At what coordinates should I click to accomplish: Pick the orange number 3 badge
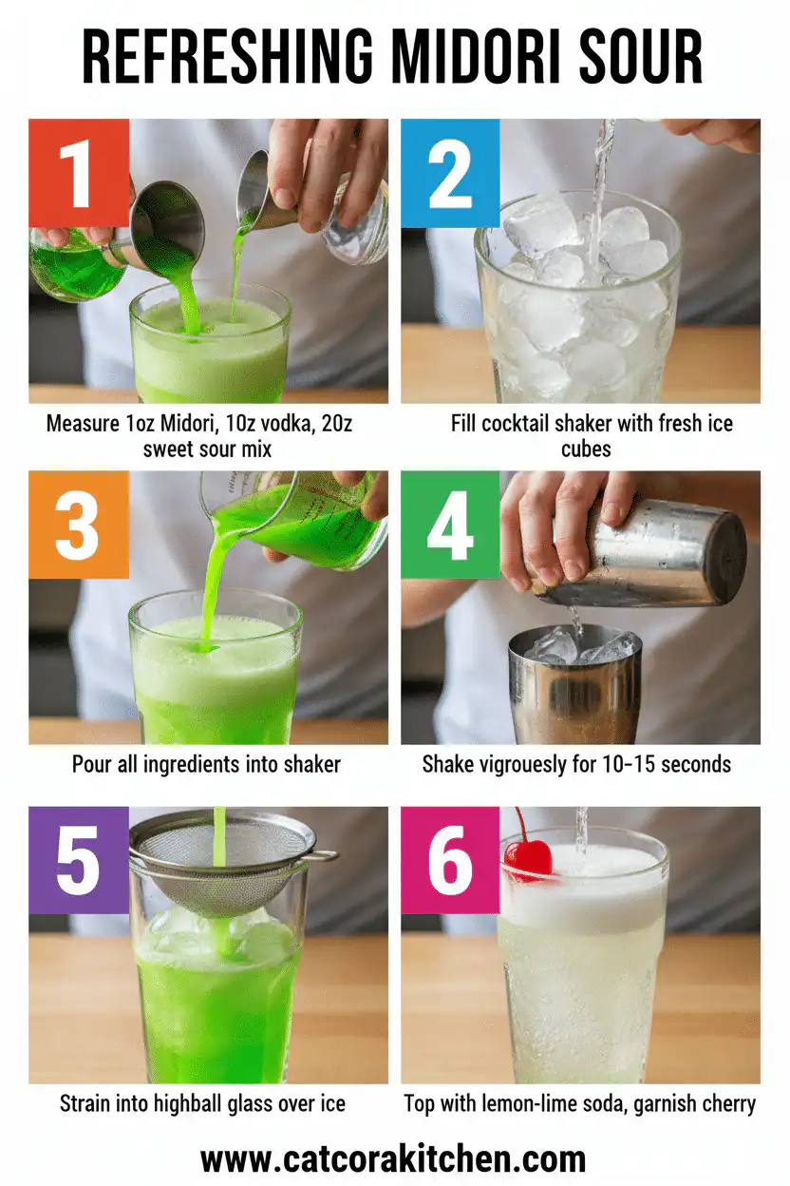(x=78, y=525)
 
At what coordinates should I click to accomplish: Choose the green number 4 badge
(x=450, y=525)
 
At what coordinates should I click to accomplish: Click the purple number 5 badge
(x=78, y=860)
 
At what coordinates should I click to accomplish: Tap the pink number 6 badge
(x=450, y=860)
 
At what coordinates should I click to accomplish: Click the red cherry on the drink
(x=528, y=855)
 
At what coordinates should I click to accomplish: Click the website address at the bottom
(x=393, y=1159)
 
